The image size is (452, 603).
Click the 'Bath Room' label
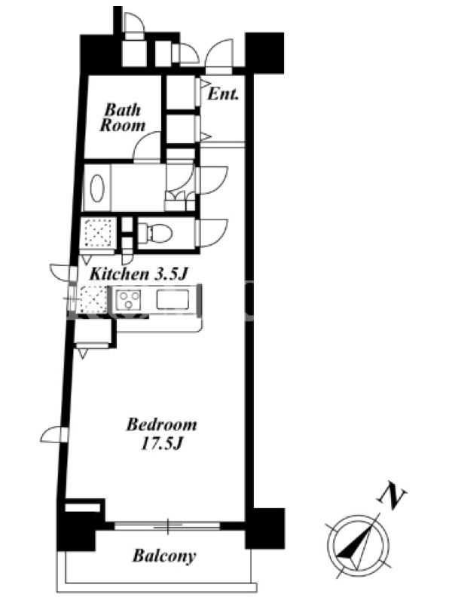click(123, 118)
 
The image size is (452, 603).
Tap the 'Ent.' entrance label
click(223, 93)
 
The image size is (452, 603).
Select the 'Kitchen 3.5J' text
click(139, 274)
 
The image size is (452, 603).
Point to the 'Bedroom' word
click(162, 425)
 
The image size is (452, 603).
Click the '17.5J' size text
click(161, 445)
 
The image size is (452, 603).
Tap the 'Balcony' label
click(164, 556)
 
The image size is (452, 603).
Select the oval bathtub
click(97, 188)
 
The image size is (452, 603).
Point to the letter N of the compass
click(391, 495)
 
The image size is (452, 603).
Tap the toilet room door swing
click(212, 233)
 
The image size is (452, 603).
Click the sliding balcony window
click(167, 526)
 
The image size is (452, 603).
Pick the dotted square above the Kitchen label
click(99, 233)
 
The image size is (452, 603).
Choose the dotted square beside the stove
click(93, 300)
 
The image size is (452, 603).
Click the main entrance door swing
click(219, 57)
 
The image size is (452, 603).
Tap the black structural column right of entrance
click(264, 53)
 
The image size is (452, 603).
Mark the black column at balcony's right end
click(265, 528)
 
